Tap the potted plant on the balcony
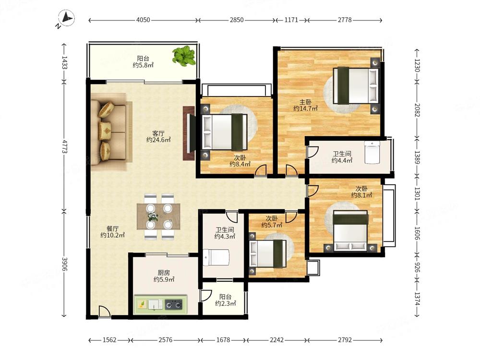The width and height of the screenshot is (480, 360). tap(184, 56)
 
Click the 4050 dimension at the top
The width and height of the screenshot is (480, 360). tap(143, 20)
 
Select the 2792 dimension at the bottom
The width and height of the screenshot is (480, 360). tap(345, 340)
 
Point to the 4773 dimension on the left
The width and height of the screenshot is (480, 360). tap(64, 146)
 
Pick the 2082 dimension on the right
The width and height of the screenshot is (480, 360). tap(417, 110)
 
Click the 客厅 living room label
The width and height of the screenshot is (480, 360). tap(158, 133)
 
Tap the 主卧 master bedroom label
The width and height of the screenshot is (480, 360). tap(305, 102)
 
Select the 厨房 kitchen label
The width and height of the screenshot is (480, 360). tap(164, 273)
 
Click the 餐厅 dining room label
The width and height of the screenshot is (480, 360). tap(112, 228)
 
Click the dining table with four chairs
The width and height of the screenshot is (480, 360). tap(158, 216)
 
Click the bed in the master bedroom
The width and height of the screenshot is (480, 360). tap(356, 85)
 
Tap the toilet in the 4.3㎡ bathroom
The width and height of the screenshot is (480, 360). tap(216, 257)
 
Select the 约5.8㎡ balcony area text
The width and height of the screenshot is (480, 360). tap(143, 65)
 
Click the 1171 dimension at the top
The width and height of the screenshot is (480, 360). tap(291, 20)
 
